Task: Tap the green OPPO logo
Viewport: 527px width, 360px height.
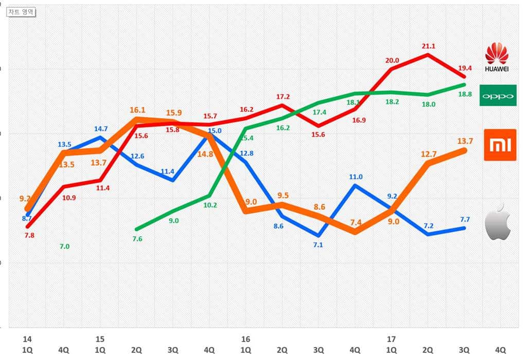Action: [498, 96]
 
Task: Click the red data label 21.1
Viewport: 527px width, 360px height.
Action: [428, 46]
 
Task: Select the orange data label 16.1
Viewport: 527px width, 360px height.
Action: [137, 110]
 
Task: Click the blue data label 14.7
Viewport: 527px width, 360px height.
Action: [100, 129]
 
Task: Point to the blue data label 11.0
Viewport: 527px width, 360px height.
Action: [356, 177]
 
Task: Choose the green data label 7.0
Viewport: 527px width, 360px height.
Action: [64, 247]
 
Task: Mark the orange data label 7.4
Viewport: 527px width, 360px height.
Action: [356, 222]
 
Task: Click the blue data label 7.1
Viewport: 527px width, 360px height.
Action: [318, 245]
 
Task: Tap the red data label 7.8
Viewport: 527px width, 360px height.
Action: [29, 236]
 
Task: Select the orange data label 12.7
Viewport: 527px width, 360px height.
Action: [428, 154]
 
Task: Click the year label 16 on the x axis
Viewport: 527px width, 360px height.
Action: [245, 339]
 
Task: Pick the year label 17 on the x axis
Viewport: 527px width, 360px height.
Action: [391, 339]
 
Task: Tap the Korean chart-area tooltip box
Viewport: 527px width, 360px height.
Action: [21, 12]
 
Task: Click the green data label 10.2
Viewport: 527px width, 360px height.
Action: [210, 205]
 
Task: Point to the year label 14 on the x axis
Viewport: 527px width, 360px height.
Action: [27, 339]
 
